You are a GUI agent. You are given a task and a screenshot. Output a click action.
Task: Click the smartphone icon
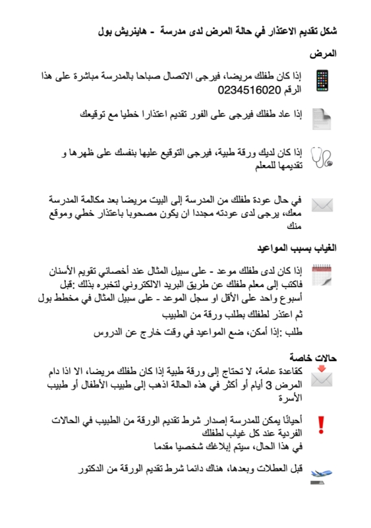[322, 81]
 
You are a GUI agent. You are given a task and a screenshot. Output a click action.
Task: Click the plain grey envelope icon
[322, 205]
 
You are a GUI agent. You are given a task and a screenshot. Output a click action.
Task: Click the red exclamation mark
[322, 424]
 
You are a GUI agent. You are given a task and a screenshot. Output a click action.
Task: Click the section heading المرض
[323, 53]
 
